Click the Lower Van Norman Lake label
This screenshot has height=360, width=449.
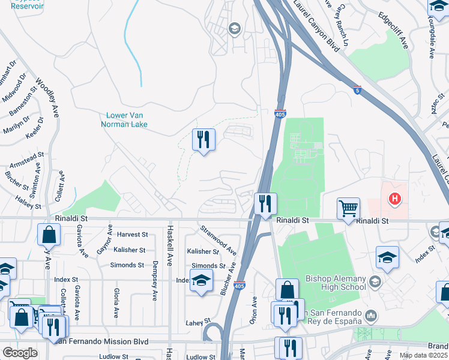(127, 120)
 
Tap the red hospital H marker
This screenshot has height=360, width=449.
(394, 198)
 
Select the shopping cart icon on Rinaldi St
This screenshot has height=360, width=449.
(348, 209)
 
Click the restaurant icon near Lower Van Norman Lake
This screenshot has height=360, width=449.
(203, 140)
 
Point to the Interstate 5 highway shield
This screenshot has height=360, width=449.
(357, 91)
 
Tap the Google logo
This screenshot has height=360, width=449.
(20, 353)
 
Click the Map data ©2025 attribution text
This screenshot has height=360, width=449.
(423, 355)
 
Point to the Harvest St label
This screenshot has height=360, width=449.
(132, 235)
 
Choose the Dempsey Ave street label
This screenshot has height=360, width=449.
(155, 280)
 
